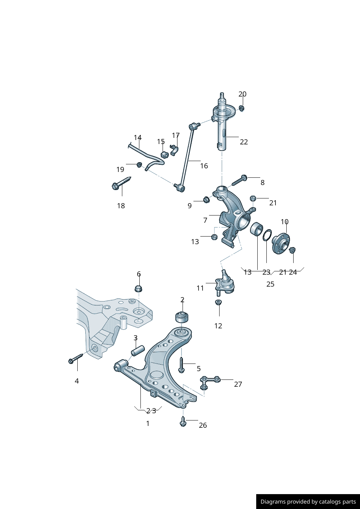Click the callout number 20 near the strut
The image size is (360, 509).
(242, 94)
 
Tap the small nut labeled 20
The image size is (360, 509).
(242, 108)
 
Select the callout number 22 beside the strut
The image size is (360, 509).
(244, 142)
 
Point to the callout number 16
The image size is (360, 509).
(204, 166)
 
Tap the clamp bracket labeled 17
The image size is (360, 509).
(174, 149)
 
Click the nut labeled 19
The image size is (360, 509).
(139, 165)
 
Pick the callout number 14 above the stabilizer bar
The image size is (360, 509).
(138, 137)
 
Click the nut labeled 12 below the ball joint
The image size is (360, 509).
(218, 302)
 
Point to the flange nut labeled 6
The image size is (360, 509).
(139, 289)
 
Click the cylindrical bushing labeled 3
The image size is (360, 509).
(138, 351)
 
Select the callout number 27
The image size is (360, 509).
(238, 384)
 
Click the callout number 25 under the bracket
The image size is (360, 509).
(270, 284)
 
